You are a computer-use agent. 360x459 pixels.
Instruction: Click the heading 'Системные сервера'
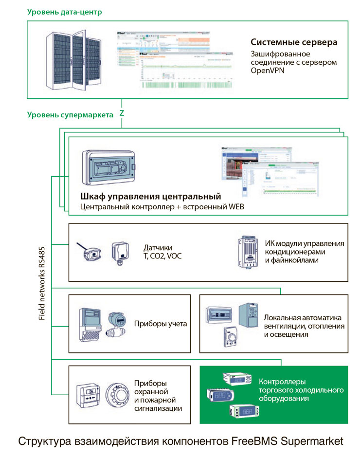pyautogui.click(x=294, y=42)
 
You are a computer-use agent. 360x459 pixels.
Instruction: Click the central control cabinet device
pyautogui.click(x=108, y=167)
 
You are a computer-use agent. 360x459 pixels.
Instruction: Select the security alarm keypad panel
pyautogui.click(x=89, y=397)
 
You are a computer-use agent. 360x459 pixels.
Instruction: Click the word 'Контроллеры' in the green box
pyautogui.click(x=282, y=382)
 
